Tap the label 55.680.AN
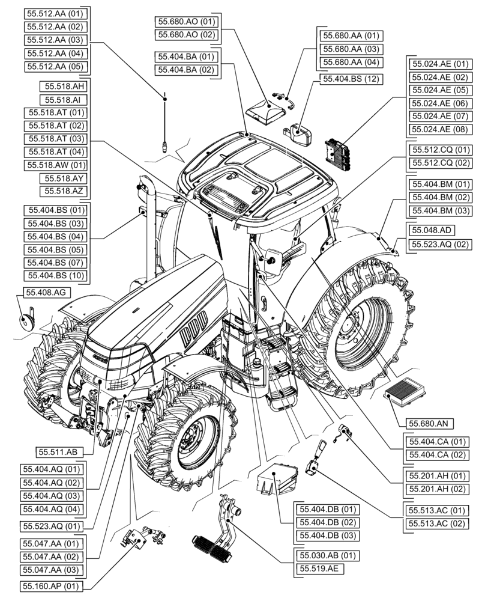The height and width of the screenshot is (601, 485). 428,423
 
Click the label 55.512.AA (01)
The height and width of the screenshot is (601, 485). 55,13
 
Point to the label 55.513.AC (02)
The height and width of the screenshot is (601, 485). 436,523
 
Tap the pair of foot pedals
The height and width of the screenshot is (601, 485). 210,544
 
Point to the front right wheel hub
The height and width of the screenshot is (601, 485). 196,438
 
